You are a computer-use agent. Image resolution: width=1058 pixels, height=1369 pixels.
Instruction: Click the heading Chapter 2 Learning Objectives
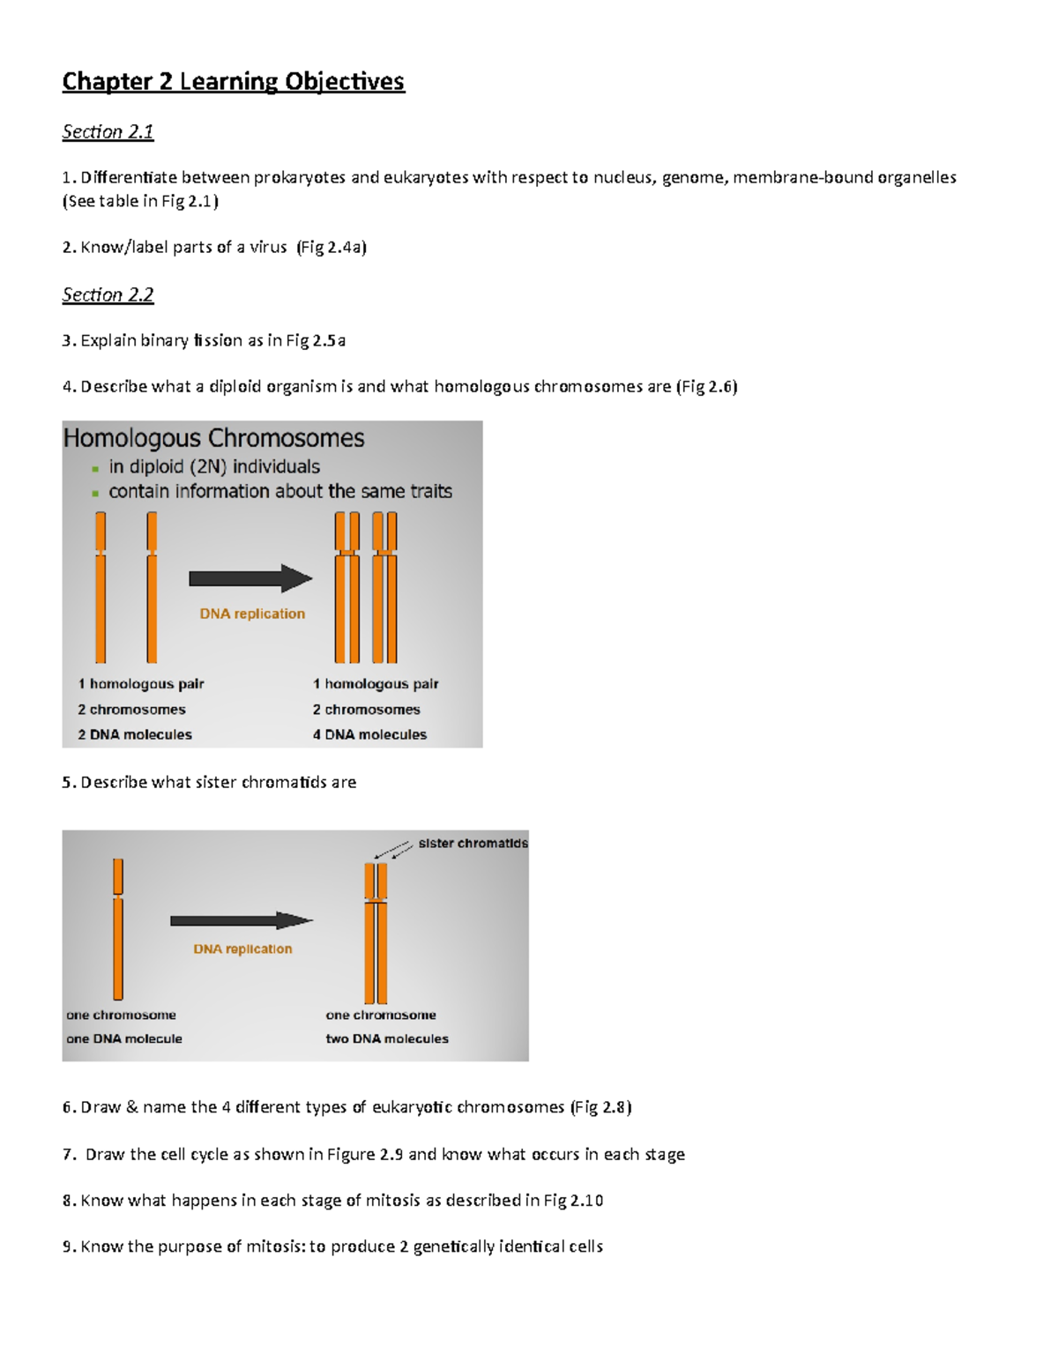click(233, 82)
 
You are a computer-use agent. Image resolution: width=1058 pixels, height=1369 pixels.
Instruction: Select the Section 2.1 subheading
click(108, 132)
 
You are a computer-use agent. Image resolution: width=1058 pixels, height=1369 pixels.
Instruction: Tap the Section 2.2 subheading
click(108, 295)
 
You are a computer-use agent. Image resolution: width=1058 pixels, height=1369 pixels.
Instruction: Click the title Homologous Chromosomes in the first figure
click(213, 438)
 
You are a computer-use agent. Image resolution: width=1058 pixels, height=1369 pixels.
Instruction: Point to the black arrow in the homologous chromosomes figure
click(250, 578)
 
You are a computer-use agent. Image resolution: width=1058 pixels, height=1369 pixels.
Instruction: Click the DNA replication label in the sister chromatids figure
click(242, 949)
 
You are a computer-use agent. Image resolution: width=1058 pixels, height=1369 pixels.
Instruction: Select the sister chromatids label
click(473, 844)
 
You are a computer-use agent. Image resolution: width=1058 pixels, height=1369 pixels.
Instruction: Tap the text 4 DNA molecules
click(369, 734)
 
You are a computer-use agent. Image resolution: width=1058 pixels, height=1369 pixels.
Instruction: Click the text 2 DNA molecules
click(135, 734)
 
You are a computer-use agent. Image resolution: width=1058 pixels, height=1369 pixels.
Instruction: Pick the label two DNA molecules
click(387, 1038)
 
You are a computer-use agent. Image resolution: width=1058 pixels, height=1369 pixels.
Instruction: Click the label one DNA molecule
click(124, 1038)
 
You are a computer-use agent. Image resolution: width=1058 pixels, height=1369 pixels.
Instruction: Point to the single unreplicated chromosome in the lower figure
click(118, 930)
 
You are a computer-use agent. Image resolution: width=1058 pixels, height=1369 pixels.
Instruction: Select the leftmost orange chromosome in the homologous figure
click(101, 587)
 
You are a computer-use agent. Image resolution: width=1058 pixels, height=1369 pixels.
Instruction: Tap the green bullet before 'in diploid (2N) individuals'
click(95, 469)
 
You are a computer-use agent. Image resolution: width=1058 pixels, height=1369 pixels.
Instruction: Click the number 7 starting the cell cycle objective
click(67, 1155)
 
